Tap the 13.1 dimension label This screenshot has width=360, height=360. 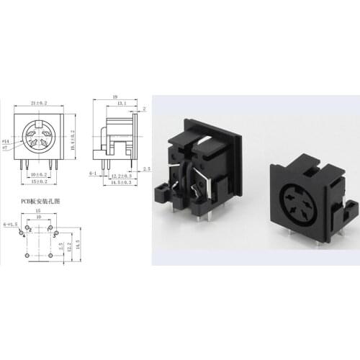pos(119,102)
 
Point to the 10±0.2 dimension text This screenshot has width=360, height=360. pos(39,174)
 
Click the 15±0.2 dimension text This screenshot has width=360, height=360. pos(40,181)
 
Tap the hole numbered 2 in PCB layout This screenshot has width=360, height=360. pos(30,228)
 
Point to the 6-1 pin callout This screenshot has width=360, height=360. pos(93,174)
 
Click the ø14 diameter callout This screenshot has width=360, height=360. pos(6,141)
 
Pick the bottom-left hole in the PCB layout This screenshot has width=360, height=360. pos(27,255)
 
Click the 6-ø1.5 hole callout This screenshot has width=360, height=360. pos(10,225)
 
